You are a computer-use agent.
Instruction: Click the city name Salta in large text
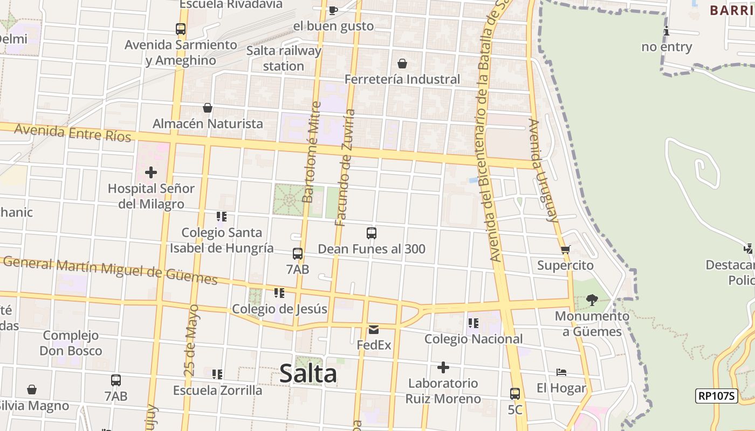308,373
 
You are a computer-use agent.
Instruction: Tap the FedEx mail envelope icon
374,330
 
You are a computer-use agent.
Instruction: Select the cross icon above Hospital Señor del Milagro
151,173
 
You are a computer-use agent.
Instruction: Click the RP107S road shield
716,396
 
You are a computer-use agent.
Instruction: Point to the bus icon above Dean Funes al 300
372,233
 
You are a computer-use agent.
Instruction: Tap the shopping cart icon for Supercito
565,249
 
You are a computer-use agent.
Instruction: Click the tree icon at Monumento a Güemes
592,300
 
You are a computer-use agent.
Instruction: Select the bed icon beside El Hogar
561,372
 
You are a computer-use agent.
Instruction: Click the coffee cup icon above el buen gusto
333,10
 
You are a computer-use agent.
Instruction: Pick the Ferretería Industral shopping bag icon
402,64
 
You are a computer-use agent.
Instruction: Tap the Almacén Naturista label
208,123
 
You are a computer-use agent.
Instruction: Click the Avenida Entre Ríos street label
72,133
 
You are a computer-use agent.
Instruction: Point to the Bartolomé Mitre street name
312,152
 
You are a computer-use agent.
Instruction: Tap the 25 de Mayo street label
191,340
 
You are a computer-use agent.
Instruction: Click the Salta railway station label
284,58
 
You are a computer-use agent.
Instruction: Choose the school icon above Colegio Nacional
473,323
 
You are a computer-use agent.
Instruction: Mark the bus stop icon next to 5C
515,394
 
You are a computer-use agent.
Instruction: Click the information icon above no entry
667,31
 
